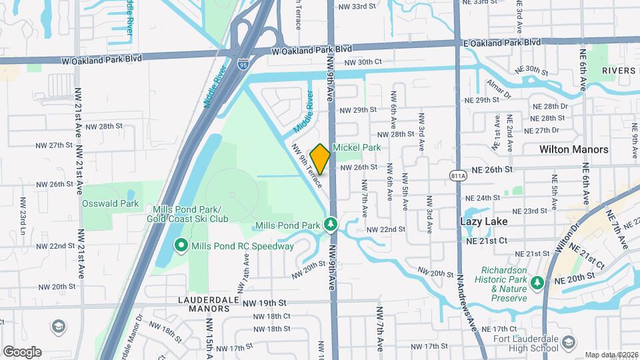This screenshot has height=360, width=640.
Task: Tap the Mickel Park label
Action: tap(356, 147)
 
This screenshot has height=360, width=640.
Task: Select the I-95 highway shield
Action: tap(243, 65)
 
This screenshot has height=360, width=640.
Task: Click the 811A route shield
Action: tap(458, 176)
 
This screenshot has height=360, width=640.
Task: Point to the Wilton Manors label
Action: tap(574, 149)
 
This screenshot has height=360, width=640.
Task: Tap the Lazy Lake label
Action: tap(484, 221)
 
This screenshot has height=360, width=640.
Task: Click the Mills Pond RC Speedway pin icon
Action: tap(181, 246)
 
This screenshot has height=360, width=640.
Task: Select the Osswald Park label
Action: tap(110, 203)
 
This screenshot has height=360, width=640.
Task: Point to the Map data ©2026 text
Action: tap(611, 355)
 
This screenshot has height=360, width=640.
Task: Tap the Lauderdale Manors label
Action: tap(204, 305)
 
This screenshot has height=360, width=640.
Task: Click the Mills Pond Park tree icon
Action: tap(329, 225)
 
